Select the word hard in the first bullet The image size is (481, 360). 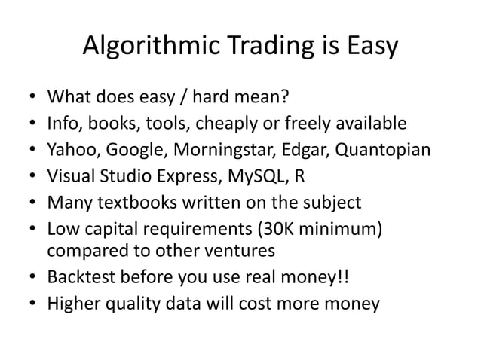pyautogui.click(x=207, y=97)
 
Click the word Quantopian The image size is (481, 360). pyautogui.click(x=383, y=149)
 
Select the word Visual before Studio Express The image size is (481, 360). pyautogui.click(x=71, y=175)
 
